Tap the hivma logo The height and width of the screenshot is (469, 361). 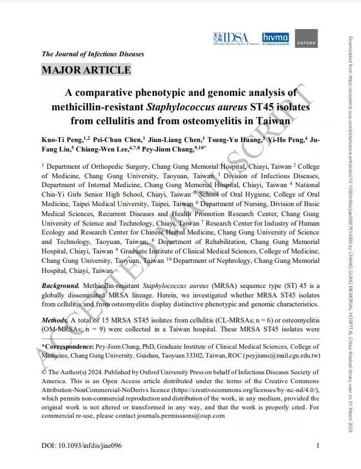click(275, 38)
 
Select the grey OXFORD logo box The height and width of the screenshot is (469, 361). click(306, 38)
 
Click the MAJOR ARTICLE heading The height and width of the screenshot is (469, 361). click(86, 70)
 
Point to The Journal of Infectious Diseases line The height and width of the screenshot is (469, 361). click(93, 54)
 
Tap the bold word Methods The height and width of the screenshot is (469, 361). click(55, 321)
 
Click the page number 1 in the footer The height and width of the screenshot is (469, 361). click(318, 446)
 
